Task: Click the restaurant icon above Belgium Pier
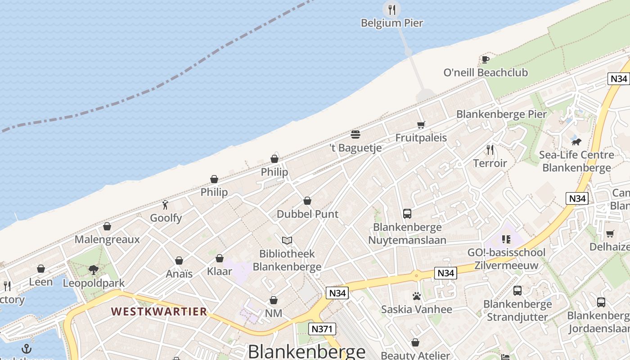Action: (392, 9)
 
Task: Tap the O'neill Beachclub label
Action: (486, 72)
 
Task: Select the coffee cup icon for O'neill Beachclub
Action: (485, 59)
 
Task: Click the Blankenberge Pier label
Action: (501, 114)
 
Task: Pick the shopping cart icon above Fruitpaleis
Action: (421, 125)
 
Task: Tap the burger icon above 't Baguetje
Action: (355, 135)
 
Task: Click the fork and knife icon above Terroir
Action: (490, 150)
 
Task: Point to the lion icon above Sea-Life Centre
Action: (576, 142)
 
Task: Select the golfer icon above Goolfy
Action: (166, 205)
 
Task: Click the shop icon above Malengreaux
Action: (107, 226)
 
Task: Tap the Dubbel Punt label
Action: (307, 214)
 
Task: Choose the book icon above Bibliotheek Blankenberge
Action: (287, 241)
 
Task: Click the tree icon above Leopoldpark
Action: (94, 270)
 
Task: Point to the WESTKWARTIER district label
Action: (159, 311)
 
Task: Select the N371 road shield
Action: (323, 329)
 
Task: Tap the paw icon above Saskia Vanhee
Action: (416, 296)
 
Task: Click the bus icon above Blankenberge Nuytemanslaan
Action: (407, 214)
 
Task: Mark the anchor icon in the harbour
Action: (27, 349)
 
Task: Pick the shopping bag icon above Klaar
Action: (220, 258)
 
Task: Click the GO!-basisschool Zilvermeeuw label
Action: (506, 259)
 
